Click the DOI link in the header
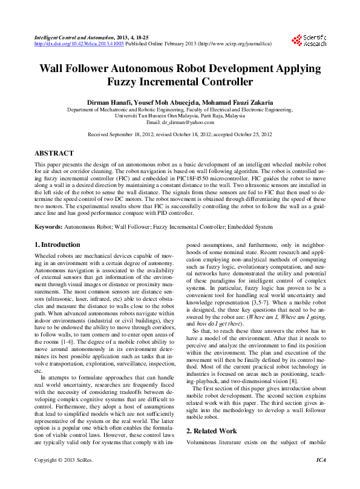click(x=79, y=44)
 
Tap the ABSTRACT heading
click(x=54, y=154)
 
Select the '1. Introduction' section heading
click(x=57, y=244)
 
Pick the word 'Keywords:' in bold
click(x=48, y=226)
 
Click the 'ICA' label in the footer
click(x=321, y=478)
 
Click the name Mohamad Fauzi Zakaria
click(x=235, y=102)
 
